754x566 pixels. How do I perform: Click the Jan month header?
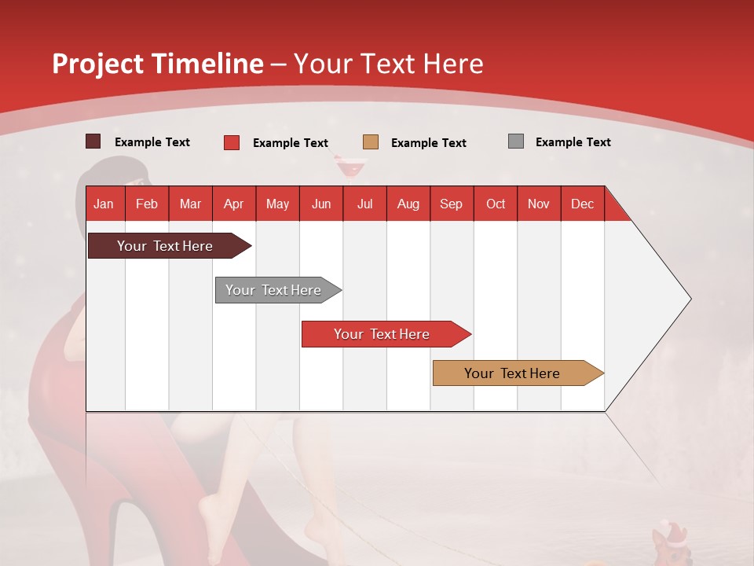coord(104,204)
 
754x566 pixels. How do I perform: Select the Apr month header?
coord(234,204)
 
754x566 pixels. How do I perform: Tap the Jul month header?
coord(365,204)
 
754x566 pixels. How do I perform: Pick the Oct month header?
coord(496,204)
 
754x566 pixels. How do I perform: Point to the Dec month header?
coord(582,204)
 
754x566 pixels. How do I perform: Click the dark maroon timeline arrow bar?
coord(170,245)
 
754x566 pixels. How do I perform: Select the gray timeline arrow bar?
coord(278,290)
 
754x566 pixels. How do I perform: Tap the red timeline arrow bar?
coord(386,334)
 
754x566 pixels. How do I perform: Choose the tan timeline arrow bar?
coord(518,373)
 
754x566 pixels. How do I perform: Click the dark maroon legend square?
coord(93,141)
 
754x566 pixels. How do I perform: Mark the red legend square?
coord(232,142)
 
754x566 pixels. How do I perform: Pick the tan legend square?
coord(371,142)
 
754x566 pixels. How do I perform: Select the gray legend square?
coord(516,141)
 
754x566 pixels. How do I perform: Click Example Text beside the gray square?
coord(573,142)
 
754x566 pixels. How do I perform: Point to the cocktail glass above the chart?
coord(350,167)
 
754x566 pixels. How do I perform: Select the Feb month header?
coord(147,204)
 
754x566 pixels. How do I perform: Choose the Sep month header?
coord(451,204)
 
